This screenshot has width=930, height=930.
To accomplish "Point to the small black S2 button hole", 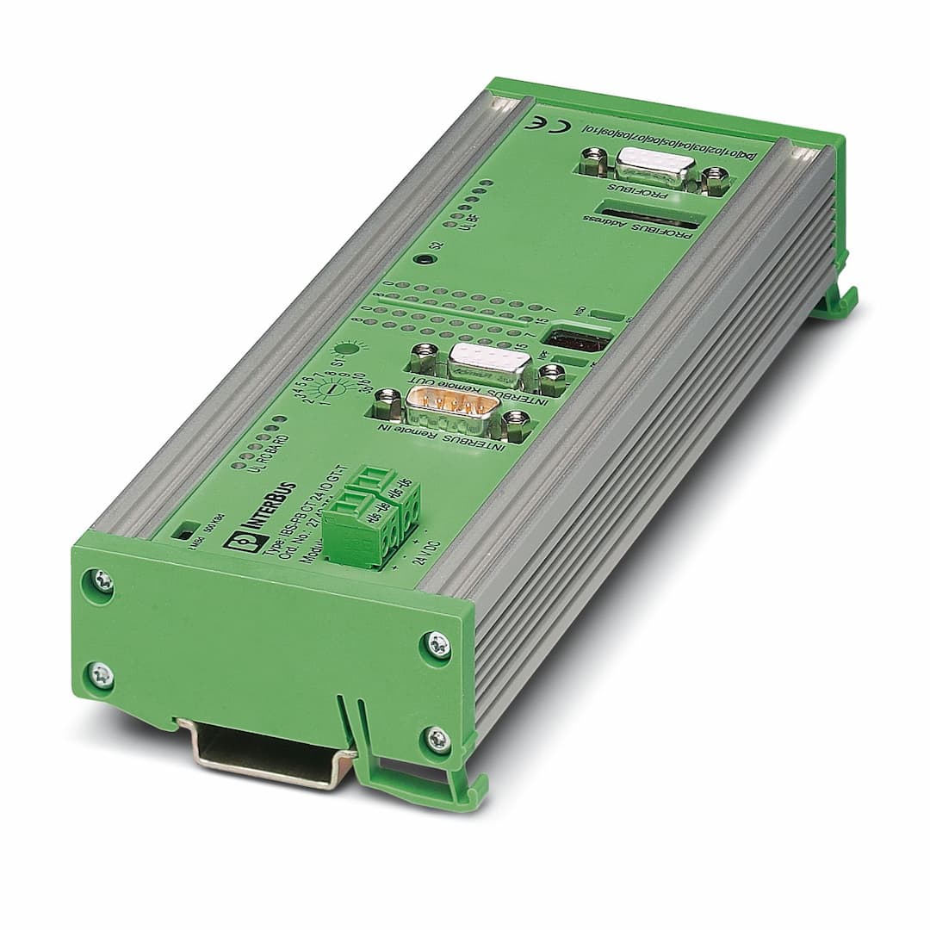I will [419, 259].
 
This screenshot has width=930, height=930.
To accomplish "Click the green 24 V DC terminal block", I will [375, 519].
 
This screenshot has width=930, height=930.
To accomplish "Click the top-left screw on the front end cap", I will [102, 583].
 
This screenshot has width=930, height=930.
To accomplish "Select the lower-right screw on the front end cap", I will [437, 738].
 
